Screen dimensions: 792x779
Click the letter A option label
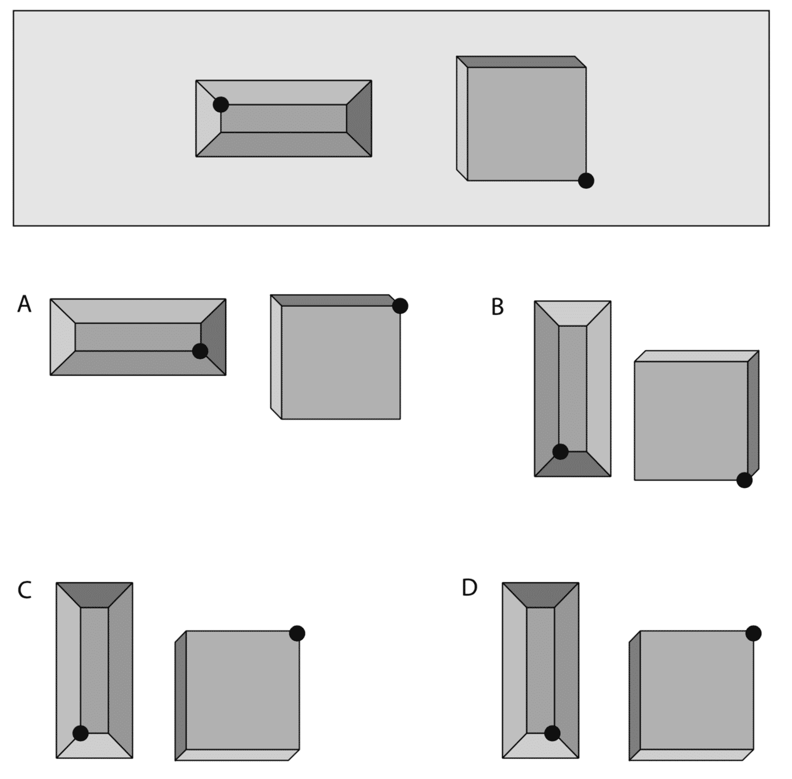(x=24, y=305)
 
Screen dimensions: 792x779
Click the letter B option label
(x=497, y=307)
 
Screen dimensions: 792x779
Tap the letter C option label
(x=24, y=590)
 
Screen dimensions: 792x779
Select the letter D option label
(x=469, y=588)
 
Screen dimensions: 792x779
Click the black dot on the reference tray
(x=221, y=104)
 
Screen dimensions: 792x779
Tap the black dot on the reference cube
(x=586, y=180)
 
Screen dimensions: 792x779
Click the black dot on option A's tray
(x=200, y=351)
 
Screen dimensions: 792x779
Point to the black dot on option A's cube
(x=400, y=306)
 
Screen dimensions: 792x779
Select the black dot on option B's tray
(x=560, y=452)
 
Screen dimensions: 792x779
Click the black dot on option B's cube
(x=745, y=480)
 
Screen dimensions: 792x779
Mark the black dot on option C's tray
(x=80, y=733)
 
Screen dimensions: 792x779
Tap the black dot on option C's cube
(x=297, y=633)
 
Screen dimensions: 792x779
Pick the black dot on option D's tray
(x=552, y=733)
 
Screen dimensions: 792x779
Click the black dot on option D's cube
(x=753, y=633)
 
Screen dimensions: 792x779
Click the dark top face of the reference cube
(x=521, y=62)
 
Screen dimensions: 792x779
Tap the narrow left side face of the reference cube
(x=462, y=118)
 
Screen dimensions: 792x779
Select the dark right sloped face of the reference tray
(x=359, y=118)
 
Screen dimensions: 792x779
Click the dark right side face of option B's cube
(x=753, y=415)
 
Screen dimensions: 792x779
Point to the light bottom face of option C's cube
(x=237, y=755)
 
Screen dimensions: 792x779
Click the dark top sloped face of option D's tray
(x=541, y=595)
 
